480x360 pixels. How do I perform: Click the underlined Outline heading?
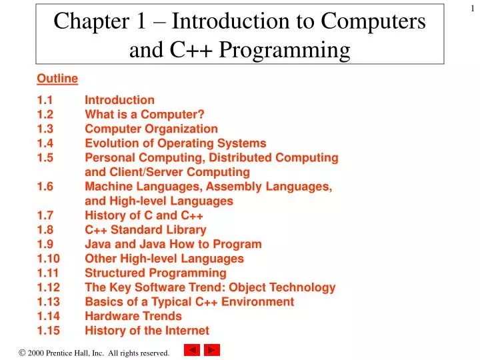click(57, 79)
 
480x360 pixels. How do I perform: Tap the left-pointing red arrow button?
click(192, 349)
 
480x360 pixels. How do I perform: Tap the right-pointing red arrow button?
click(212, 349)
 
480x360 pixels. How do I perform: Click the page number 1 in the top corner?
click(471, 7)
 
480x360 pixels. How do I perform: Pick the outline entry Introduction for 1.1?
click(119, 100)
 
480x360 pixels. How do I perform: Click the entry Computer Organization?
click(151, 129)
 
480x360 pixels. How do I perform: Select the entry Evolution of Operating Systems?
click(175, 143)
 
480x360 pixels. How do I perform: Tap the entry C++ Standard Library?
click(146, 230)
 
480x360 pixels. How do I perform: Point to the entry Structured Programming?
click(155, 273)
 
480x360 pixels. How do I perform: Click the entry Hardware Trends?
click(133, 316)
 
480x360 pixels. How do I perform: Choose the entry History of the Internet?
click(147, 331)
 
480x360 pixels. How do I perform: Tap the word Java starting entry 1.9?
click(97, 244)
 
